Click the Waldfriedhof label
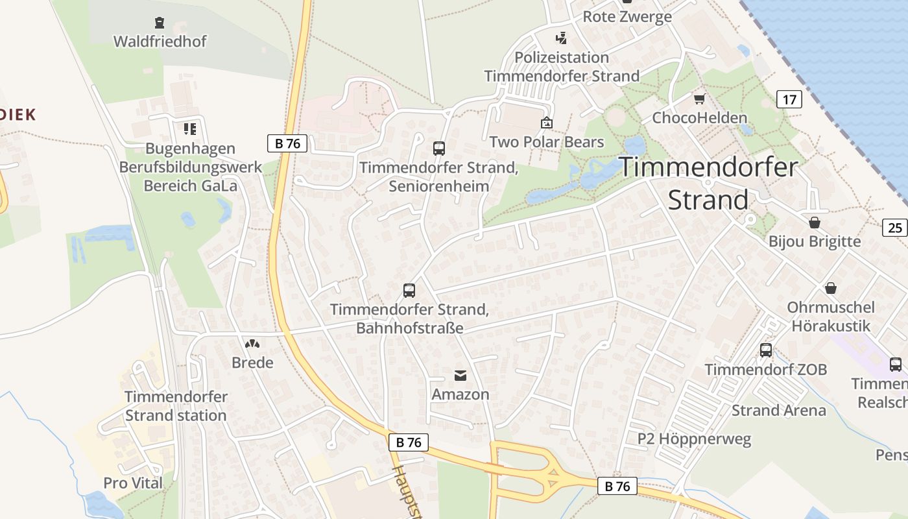pyautogui.click(x=160, y=42)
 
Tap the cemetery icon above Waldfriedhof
pyautogui.click(x=160, y=23)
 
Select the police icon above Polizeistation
pyautogui.click(x=562, y=38)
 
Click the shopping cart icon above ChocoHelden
pyautogui.click(x=699, y=99)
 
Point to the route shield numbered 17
pyautogui.click(x=789, y=99)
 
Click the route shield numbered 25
pyautogui.click(x=895, y=227)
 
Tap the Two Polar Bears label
pyautogui.click(x=546, y=142)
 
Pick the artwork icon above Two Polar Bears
pyautogui.click(x=547, y=123)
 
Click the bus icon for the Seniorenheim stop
pyautogui.click(x=439, y=149)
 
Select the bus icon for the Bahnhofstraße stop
pyautogui.click(x=409, y=291)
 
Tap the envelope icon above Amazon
pyautogui.click(x=460, y=376)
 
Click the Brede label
pyautogui.click(x=252, y=363)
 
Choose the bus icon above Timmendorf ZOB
pyautogui.click(x=766, y=350)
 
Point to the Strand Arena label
pyautogui.click(x=778, y=410)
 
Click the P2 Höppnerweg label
pyautogui.click(x=694, y=439)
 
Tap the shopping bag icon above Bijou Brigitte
pyautogui.click(x=815, y=223)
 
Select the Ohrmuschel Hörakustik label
pyautogui.click(x=830, y=316)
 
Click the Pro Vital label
pyautogui.click(x=133, y=483)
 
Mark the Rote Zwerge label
pyautogui.click(x=627, y=17)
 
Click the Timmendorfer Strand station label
pyautogui.click(x=176, y=405)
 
